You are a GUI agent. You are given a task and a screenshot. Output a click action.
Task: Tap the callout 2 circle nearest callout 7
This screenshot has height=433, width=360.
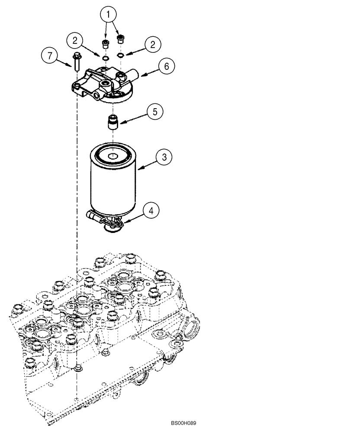pyautogui.click(x=75, y=42)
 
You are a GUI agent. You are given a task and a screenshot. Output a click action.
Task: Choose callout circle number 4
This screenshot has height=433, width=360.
pyautogui.click(x=150, y=211)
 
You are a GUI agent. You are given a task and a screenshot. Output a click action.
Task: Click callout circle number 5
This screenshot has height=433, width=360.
pyautogui.click(x=154, y=111)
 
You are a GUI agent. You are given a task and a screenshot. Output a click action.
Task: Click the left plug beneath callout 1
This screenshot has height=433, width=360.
pyautogui.click(x=105, y=44)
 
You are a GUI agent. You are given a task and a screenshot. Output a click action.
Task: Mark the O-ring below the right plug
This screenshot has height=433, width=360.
pyautogui.click(x=121, y=55)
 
